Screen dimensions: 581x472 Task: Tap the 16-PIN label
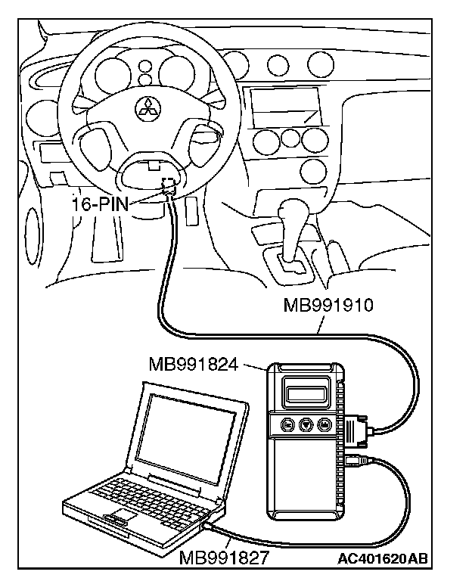[101, 204]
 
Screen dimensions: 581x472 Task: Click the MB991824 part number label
[194, 365]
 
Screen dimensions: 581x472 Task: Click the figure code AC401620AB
[383, 559]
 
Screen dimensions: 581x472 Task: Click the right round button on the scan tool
[325, 425]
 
